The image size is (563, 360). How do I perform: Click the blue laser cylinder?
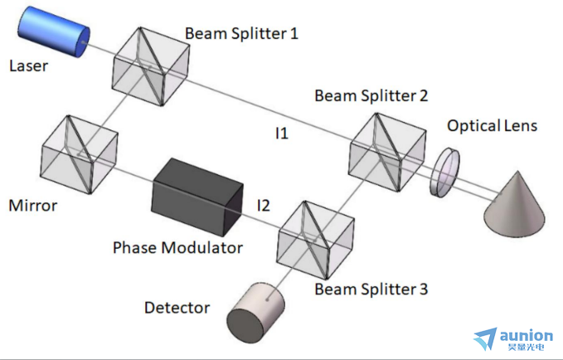54,32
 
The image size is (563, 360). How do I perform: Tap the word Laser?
28,66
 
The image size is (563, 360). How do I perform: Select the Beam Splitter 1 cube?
151,66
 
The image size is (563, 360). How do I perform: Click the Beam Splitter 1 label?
241,33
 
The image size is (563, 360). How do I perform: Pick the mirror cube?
79,154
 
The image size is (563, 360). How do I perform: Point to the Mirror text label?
32,206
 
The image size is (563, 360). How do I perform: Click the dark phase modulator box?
197,197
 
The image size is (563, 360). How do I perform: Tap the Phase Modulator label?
177,247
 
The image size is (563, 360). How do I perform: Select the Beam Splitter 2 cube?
388,153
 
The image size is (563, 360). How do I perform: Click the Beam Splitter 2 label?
371,96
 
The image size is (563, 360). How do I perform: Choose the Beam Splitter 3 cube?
316,240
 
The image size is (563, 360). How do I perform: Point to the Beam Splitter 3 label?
371,289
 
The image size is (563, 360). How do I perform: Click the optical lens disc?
445,173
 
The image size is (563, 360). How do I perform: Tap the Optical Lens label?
492,126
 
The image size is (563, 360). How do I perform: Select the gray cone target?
515,203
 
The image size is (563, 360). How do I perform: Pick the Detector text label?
177,308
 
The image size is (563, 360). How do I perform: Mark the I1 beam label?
282,134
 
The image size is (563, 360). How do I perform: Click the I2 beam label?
264,206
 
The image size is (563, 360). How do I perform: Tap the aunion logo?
513,339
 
